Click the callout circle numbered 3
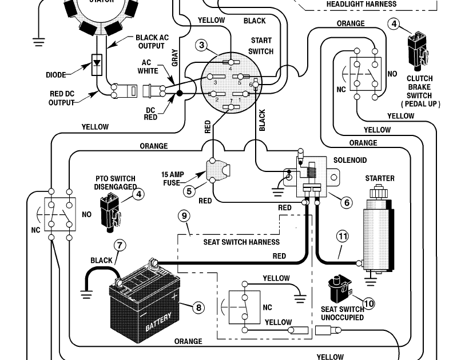pos(202,45)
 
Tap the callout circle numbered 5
pos(189,191)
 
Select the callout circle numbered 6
pos(347,202)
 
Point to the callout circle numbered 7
pos(120,245)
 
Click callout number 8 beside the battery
pos(198,307)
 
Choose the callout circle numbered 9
pos(184,216)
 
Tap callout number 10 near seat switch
pos(369,303)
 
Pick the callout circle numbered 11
pos(343,236)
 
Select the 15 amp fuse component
pos(218,170)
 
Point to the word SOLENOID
pos(349,160)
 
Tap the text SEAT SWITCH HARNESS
pos(241,242)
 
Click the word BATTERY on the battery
pos(158,322)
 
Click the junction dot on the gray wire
pos(180,93)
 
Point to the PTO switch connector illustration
pos(110,212)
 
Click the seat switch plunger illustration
pos(340,289)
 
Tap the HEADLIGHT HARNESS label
pos(361,4)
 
